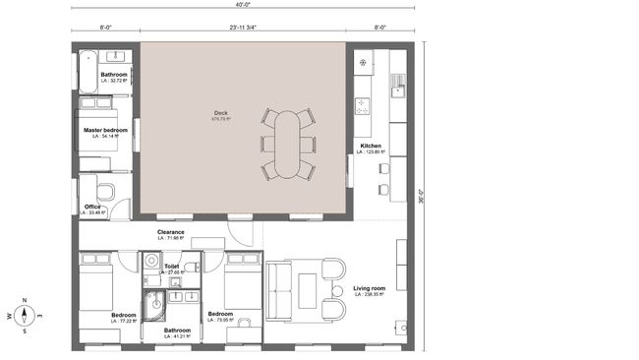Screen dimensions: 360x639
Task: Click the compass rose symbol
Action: [27, 315]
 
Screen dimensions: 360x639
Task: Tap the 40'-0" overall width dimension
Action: [242, 7]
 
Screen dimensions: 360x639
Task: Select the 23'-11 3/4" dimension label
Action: [242, 28]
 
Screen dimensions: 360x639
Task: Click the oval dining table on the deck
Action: [288, 144]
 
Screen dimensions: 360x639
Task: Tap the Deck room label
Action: [220, 114]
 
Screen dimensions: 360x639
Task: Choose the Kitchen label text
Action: [371, 146]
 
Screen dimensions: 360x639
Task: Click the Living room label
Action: [369, 288]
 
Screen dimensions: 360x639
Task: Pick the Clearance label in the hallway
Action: [172, 233]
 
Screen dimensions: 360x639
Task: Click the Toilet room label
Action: [171, 266]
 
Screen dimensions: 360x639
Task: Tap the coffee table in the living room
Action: [308, 290]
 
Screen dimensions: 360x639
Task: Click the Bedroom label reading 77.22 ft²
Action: [124, 316]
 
